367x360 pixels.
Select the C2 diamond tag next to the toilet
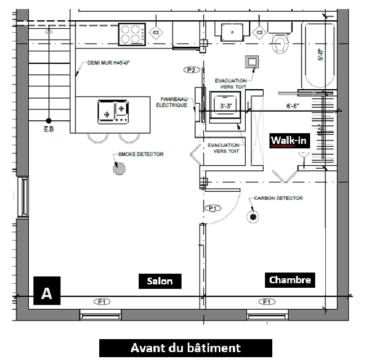[260, 33]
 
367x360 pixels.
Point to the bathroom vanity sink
[232, 31]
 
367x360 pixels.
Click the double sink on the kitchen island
[112, 111]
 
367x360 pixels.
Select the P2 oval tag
[191, 69]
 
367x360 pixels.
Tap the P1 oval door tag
[213, 208]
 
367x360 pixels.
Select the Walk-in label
[289, 140]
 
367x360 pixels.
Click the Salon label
[160, 281]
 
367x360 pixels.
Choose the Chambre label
[290, 279]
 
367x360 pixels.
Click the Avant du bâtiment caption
[185, 348]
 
